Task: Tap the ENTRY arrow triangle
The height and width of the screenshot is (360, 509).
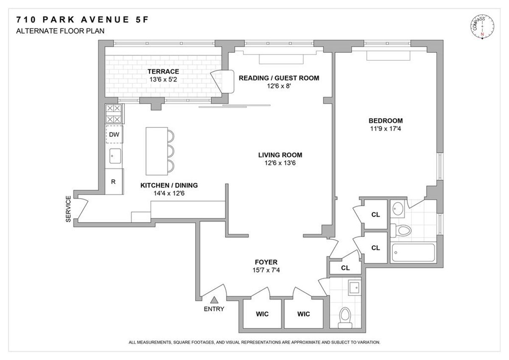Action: (x=214, y=300)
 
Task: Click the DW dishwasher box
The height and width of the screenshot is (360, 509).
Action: (x=114, y=135)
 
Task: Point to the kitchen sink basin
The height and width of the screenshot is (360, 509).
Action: (x=115, y=156)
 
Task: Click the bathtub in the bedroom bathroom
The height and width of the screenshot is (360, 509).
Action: (x=413, y=253)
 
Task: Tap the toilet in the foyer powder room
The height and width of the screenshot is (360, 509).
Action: (x=345, y=318)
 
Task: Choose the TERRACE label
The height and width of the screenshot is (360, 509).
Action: (x=163, y=71)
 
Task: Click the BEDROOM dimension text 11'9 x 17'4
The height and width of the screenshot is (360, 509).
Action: (x=386, y=129)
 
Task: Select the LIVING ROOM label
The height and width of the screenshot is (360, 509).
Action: (x=280, y=155)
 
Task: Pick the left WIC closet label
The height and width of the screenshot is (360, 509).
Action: (x=262, y=314)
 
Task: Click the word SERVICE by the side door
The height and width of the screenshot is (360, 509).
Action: (x=68, y=209)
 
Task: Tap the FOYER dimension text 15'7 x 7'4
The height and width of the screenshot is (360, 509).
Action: (x=266, y=270)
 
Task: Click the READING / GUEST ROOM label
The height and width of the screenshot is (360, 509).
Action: (x=279, y=78)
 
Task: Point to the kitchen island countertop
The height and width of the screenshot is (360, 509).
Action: (x=157, y=151)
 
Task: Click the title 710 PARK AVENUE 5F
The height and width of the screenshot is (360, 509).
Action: (x=82, y=20)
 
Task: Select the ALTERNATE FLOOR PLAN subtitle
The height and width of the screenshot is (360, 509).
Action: (x=60, y=31)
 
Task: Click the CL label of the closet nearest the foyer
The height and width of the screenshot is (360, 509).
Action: (x=345, y=268)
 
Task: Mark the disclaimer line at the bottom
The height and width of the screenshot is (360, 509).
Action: (x=255, y=342)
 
